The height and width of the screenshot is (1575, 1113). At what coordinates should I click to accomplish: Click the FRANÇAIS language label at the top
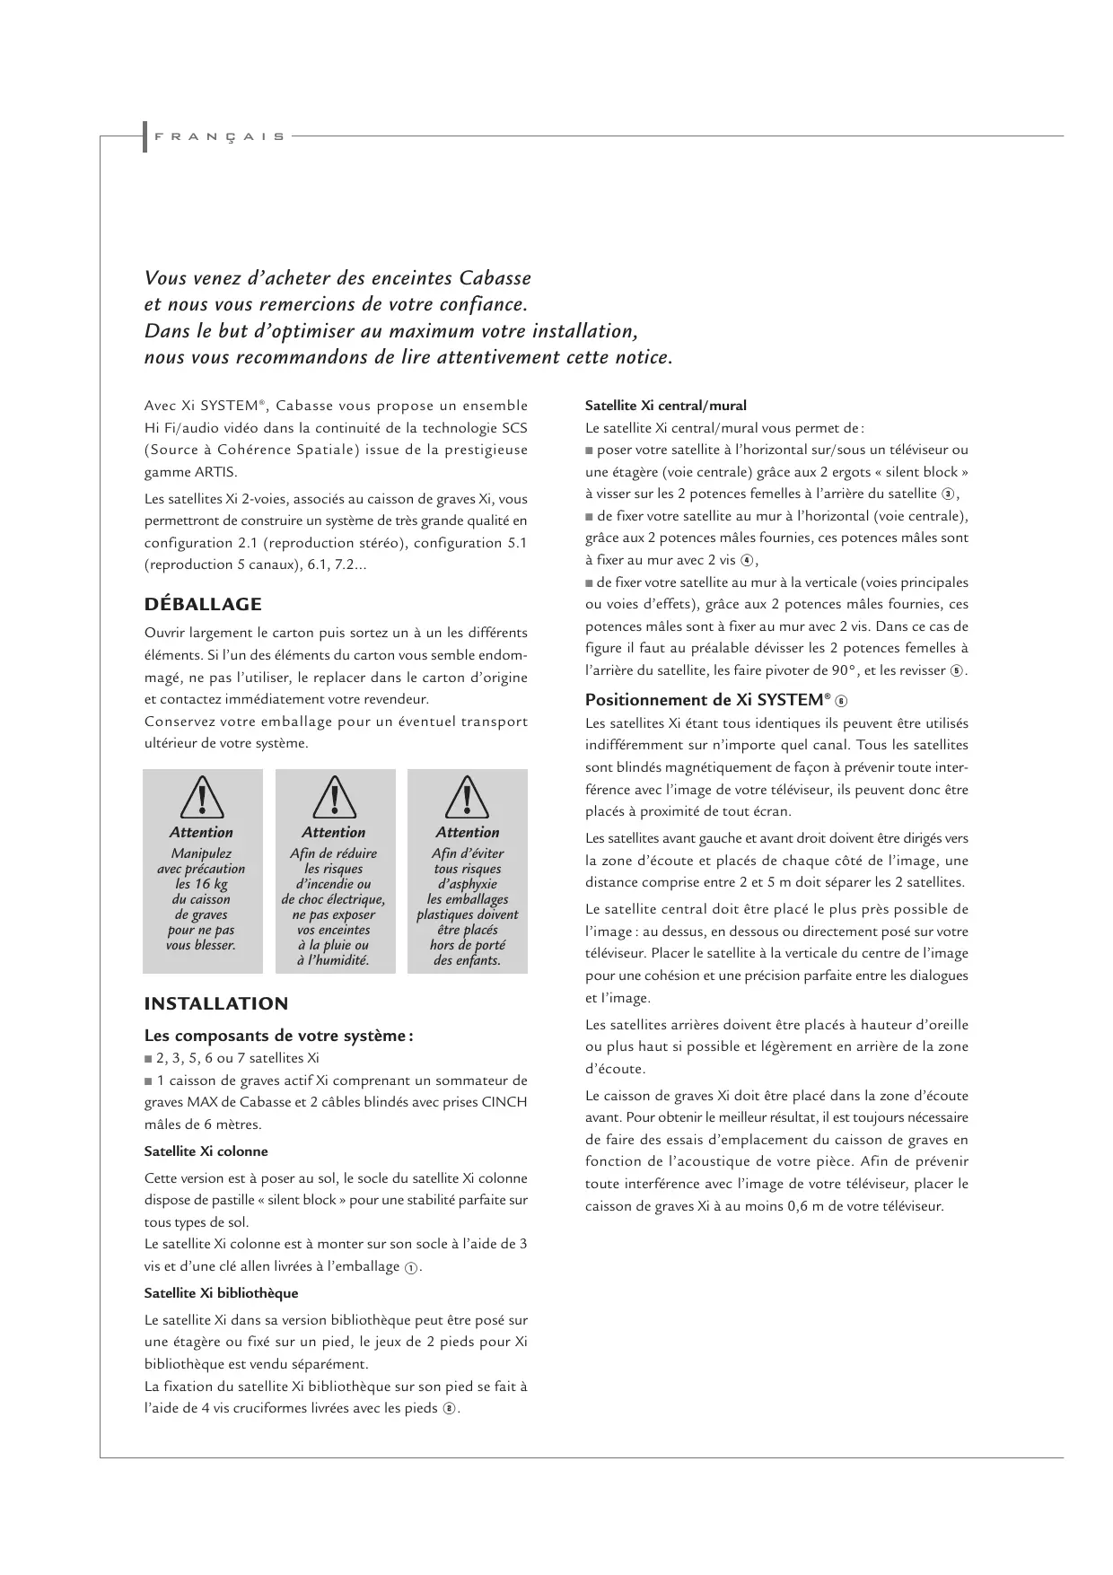(x=219, y=137)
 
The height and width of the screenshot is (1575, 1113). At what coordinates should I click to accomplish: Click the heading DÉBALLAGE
(x=203, y=604)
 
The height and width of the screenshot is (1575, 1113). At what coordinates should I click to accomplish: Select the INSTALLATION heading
(x=216, y=1003)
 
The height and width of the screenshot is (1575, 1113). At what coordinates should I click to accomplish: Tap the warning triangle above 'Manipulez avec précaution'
(x=202, y=797)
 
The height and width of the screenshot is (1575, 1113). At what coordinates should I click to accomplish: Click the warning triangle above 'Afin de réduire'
(x=334, y=797)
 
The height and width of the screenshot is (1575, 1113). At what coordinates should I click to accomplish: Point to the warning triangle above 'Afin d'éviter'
(x=467, y=797)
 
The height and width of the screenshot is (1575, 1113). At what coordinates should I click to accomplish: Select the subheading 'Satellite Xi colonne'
(x=206, y=1151)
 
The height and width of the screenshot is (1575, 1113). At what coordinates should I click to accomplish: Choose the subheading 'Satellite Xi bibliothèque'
(x=221, y=1293)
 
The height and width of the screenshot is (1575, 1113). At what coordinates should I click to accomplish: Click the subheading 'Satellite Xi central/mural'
(x=665, y=406)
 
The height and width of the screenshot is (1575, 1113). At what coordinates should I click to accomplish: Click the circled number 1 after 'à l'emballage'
(x=410, y=1267)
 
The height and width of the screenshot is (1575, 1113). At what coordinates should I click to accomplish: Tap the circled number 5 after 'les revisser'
(x=957, y=671)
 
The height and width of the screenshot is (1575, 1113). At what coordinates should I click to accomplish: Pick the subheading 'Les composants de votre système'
(x=277, y=1036)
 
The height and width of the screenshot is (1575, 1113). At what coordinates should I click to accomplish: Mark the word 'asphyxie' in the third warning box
(x=468, y=884)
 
